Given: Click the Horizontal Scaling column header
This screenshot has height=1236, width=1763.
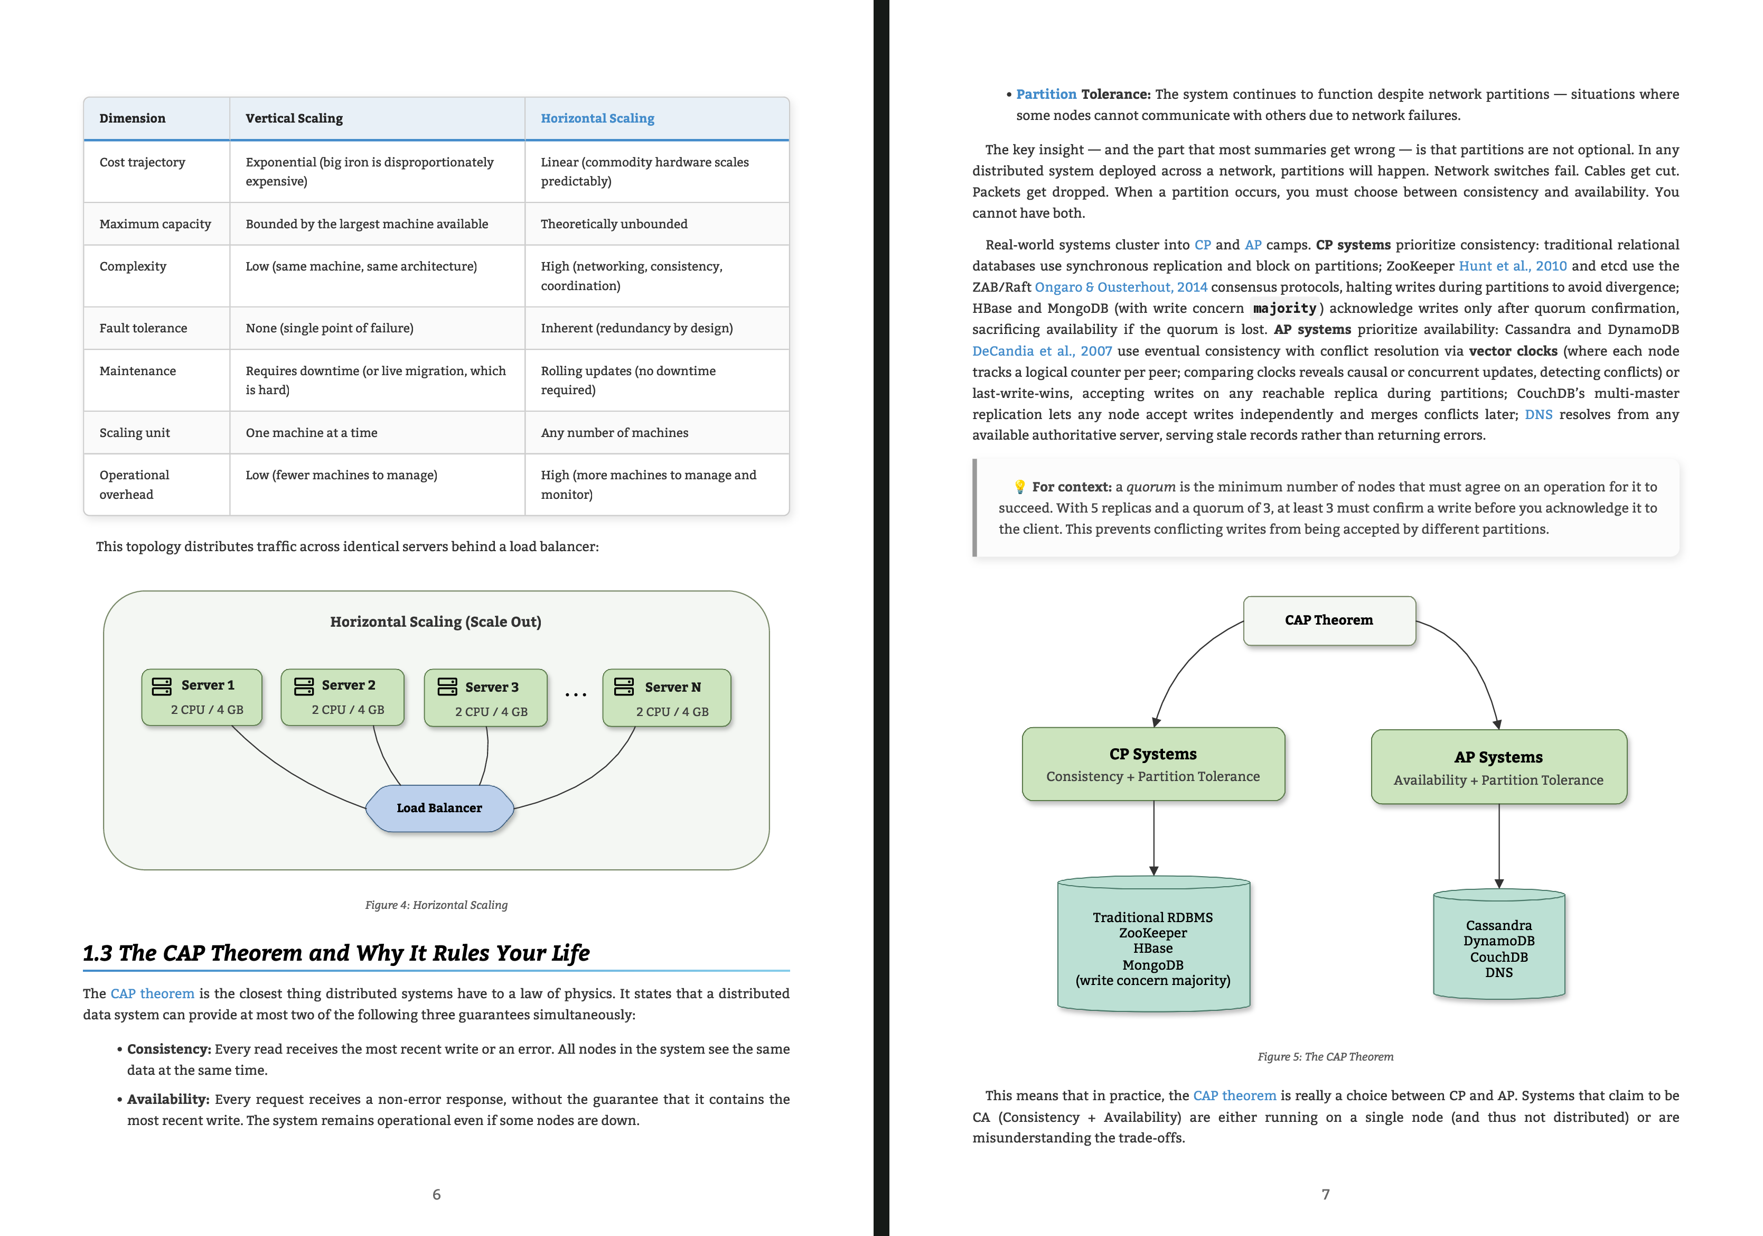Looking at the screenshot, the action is pos(597,118).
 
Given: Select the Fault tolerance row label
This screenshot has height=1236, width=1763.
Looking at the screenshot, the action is pos(143,328).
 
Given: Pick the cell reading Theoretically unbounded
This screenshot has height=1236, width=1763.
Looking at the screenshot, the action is pos(614,224).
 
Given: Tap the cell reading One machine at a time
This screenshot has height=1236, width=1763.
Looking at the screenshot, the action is pos(311,432).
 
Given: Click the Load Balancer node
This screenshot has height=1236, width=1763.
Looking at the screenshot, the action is pos(439,808).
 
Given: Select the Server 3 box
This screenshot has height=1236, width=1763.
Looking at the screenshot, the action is pos(486,698).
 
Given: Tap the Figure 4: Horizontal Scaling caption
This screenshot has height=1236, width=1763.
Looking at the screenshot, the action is pos(436,905).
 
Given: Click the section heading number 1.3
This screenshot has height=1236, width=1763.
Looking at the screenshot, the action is pos(98,953).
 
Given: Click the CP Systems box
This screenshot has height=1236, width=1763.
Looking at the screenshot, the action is pos(1154,764).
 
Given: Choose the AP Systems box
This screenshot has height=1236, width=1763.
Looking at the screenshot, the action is pos(1499,767).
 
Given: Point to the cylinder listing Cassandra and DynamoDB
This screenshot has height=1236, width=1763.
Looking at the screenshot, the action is pos(1499,945).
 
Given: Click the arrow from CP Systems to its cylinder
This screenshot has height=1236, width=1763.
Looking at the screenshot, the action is pos(1154,838).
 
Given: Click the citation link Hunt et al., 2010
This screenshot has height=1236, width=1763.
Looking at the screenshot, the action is pos(1513,266).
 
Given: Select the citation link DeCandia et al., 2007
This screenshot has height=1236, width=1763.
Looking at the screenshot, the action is pos(1042,351).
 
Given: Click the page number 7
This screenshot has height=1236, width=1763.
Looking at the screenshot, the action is pos(1325,1195).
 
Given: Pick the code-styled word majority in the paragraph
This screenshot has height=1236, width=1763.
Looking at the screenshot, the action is pos(1284,309).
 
